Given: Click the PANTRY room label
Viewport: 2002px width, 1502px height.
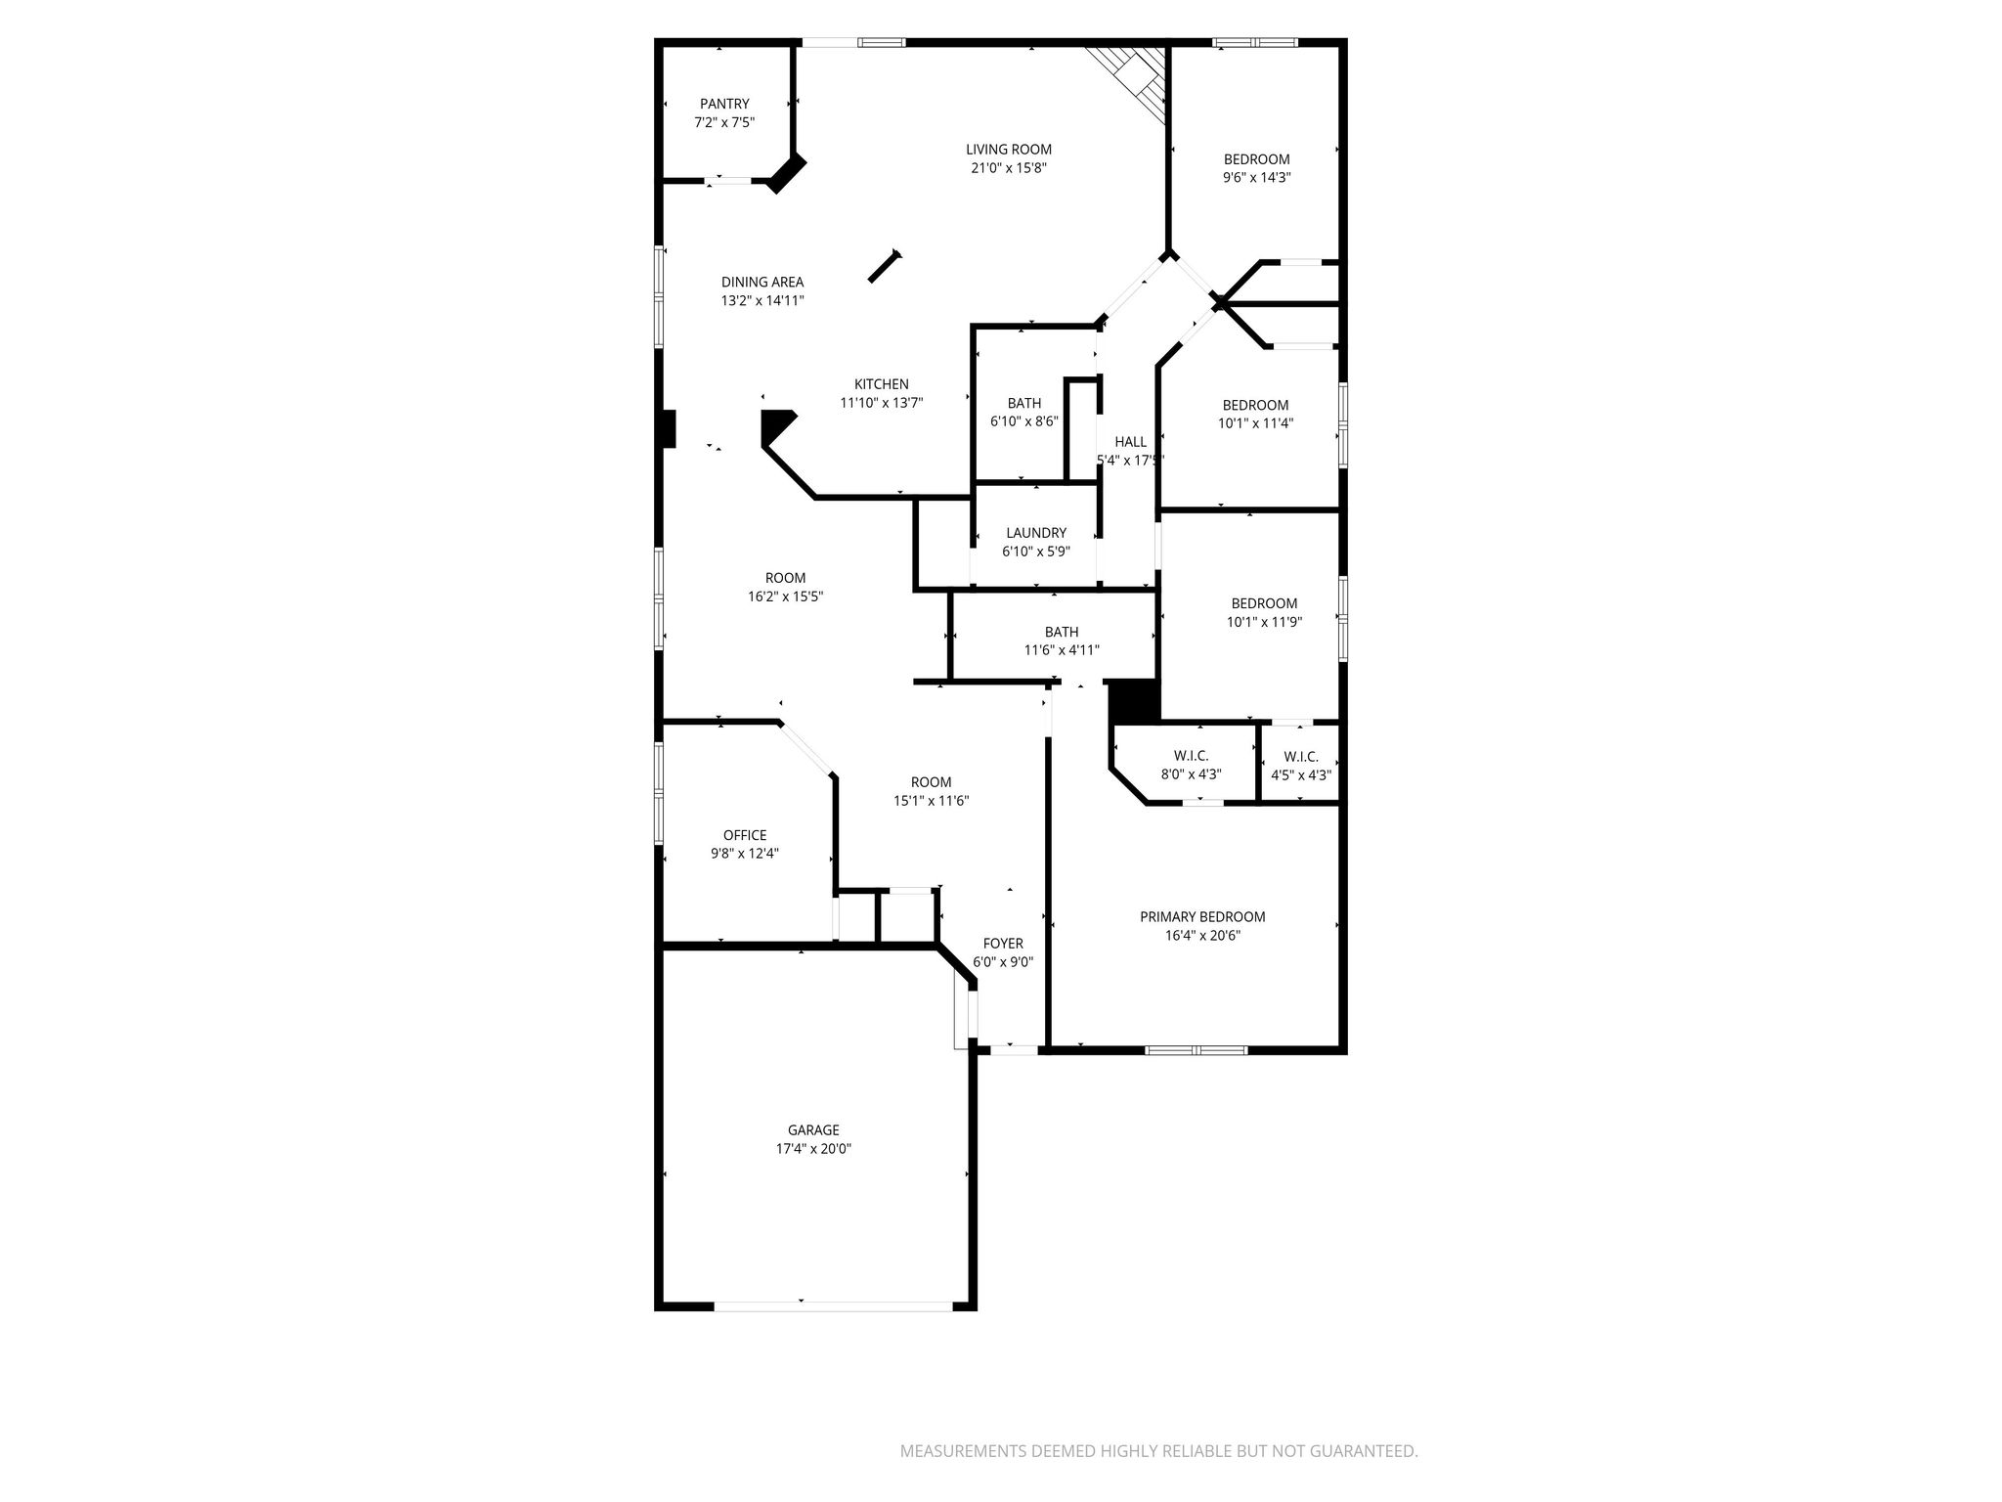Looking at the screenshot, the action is click(x=724, y=104).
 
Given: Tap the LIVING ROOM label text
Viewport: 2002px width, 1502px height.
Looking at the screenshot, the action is click(x=1009, y=150).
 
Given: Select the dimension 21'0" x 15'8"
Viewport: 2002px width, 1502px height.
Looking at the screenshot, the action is click(x=1009, y=168).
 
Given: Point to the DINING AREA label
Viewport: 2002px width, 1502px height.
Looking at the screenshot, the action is click(x=762, y=283).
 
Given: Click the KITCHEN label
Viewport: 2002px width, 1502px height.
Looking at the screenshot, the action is click(x=882, y=384).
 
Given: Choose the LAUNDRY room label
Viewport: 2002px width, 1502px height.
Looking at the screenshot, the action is click(x=1036, y=533).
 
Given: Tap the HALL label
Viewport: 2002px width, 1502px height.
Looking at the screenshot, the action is click(x=1130, y=442).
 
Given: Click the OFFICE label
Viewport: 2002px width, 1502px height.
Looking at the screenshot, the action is click(x=745, y=835).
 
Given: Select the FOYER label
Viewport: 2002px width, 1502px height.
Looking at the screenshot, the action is click(x=1003, y=944).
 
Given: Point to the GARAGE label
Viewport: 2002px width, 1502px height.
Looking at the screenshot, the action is click(x=813, y=1130).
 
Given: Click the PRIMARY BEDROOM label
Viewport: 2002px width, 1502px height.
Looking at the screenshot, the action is click(x=1202, y=917).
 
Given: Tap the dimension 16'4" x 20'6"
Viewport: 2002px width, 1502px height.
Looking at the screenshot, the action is click(x=1202, y=936).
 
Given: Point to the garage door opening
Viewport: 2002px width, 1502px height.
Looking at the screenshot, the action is click(x=834, y=1304).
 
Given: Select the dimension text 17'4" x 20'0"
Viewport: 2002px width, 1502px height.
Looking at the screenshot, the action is click(x=813, y=1149).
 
